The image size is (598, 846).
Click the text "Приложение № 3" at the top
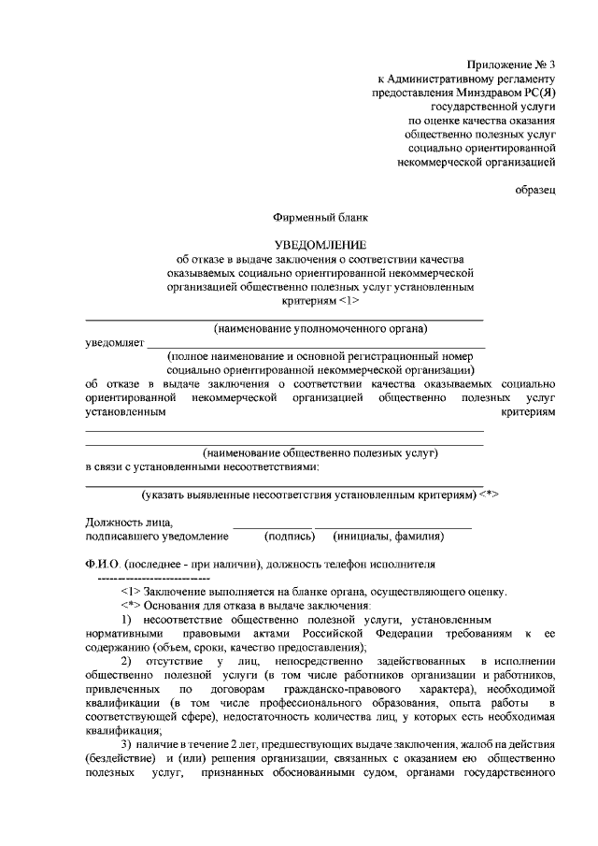point(512,65)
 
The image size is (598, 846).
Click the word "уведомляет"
point(114,343)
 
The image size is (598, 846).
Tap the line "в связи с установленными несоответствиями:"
point(202,466)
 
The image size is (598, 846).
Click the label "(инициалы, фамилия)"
point(388,537)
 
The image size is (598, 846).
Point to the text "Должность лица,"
point(129,523)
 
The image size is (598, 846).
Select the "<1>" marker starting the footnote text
point(130,592)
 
